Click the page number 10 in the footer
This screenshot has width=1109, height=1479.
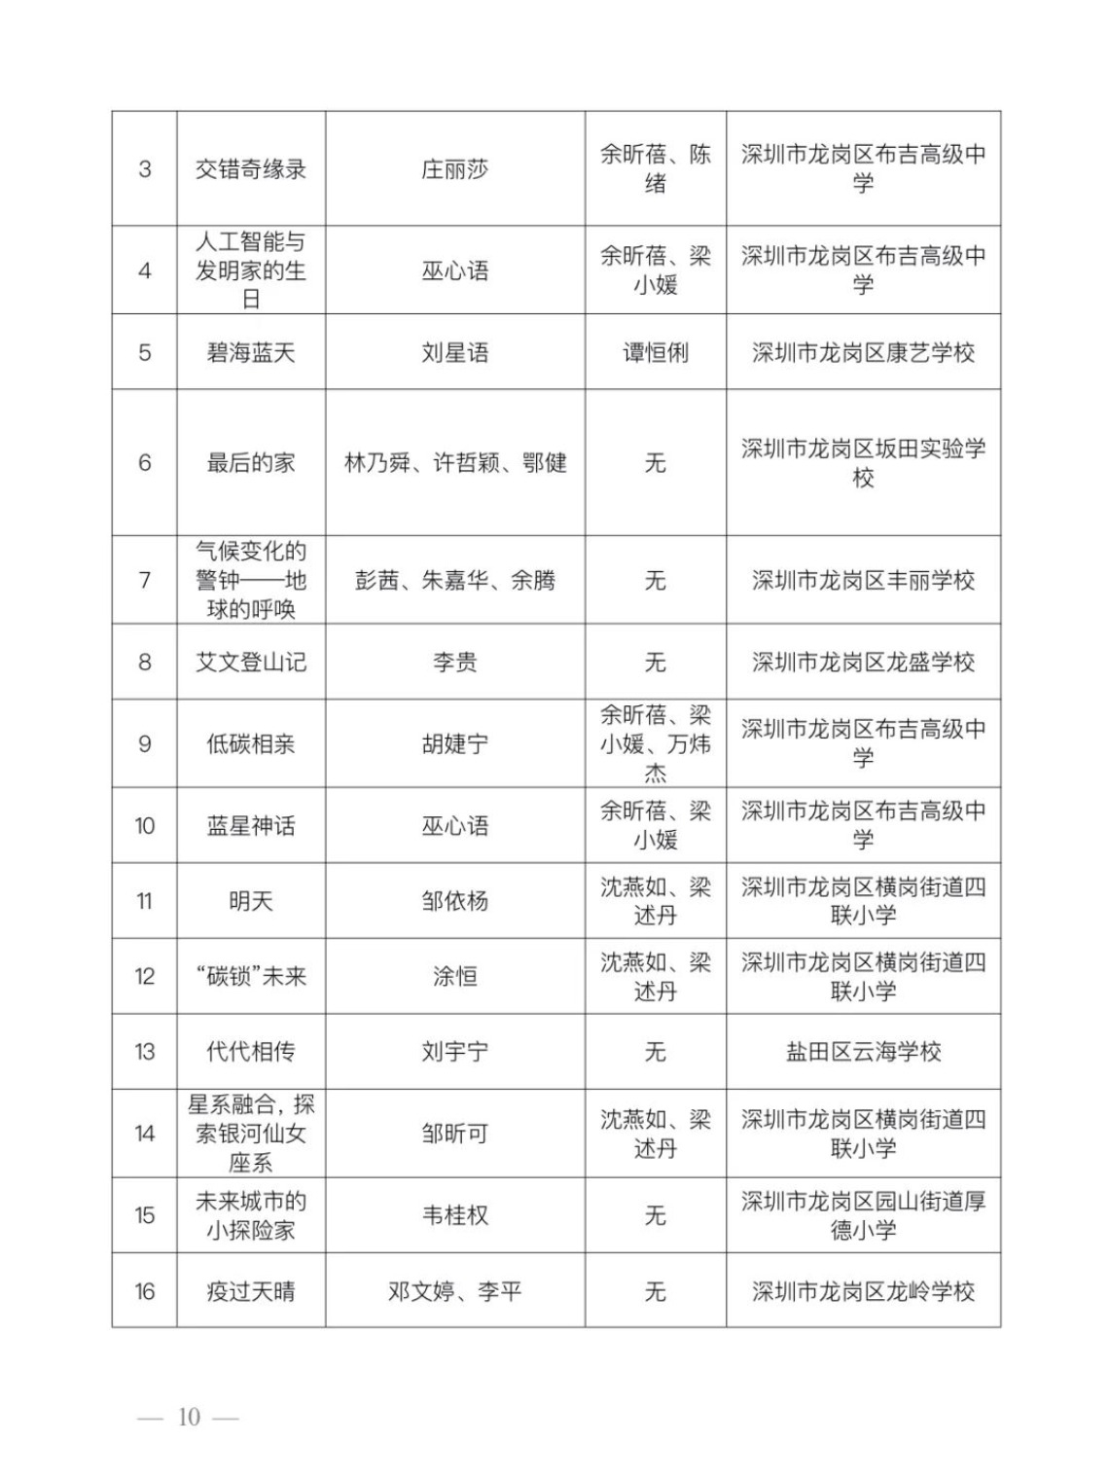pyautogui.click(x=188, y=1417)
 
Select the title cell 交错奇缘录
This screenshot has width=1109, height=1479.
pyautogui.click(x=251, y=169)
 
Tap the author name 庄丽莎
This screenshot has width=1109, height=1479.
pyautogui.click(x=454, y=169)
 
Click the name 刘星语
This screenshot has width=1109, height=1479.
pyautogui.click(x=454, y=352)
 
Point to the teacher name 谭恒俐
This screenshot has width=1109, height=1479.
pyautogui.click(x=655, y=352)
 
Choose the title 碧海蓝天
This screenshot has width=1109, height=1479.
pyautogui.click(x=251, y=352)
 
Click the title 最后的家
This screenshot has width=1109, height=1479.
pyautogui.click(x=251, y=463)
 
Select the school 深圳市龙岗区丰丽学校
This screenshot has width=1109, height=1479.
pyautogui.click(x=863, y=581)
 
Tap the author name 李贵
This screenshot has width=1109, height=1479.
pyautogui.click(x=454, y=663)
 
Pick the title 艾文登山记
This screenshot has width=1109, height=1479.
pyautogui.click(x=251, y=663)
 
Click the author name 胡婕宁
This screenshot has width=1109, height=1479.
pyautogui.click(x=454, y=744)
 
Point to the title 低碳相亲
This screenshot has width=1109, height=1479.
pyautogui.click(x=251, y=744)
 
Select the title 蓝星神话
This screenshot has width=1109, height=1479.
pyautogui.click(x=251, y=826)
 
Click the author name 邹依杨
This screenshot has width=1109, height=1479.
pyautogui.click(x=454, y=901)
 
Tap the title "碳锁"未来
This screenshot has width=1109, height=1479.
pyautogui.click(x=251, y=976)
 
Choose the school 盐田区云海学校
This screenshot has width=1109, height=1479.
pyautogui.click(x=863, y=1052)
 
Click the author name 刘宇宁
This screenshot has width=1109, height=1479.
pyautogui.click(x=454, y=1052)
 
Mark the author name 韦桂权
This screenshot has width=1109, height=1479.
pyautogui.click(x=454, y=1215)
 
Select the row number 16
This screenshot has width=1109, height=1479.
pyautogui.click(x=145, y=1291)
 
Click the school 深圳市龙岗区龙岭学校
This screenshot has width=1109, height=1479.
pyautogui.click(x=863, y=1291)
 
